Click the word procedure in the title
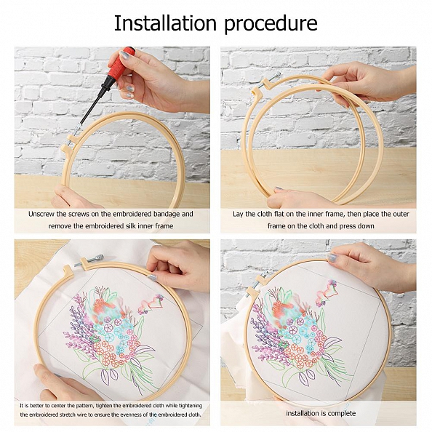271,24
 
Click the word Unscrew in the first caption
44,214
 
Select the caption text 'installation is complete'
321,413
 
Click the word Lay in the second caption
238,214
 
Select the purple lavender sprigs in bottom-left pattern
82,335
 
